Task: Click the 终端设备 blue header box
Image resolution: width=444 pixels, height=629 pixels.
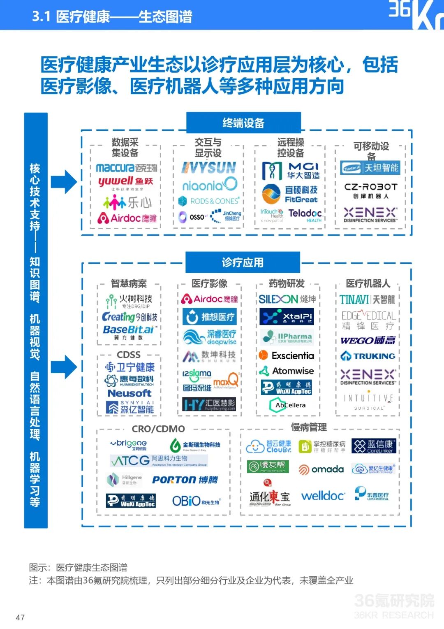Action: tap(243, 123)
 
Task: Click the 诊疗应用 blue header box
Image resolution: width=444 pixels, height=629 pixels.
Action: tap(243, 262)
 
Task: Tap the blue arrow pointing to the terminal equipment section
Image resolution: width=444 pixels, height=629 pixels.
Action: tap(64, 181)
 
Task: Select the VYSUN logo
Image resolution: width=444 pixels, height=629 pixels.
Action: tap(209, 167)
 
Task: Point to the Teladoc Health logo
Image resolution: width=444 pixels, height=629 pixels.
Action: tap(305, 214)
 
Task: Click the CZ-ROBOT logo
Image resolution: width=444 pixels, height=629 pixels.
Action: tap(370, 190)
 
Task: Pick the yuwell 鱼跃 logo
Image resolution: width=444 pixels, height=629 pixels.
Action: tap(125, 182)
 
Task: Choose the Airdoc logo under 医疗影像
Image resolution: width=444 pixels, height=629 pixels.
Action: tap(210, 299)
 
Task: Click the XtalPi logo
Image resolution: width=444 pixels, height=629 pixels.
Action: tap(287, 316)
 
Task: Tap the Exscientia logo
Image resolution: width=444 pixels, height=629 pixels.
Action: tap(287, 355)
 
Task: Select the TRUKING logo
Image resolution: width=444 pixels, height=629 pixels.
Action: tap(368, 356)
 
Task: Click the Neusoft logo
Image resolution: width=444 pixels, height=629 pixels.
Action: tap(129, 393)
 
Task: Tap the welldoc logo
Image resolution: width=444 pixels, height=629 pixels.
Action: tap(323, 496)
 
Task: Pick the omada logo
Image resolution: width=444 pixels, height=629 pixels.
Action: tap(321, 469)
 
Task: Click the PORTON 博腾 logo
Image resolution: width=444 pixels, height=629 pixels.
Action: tap(185, 480)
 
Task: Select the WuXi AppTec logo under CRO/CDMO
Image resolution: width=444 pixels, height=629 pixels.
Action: tap(131, 501)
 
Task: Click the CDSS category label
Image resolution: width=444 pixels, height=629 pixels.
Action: tap(129, 355)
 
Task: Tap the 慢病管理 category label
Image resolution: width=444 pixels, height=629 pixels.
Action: tap(309, 427)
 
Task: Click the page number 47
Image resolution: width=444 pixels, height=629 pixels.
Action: tap(20, 617)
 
